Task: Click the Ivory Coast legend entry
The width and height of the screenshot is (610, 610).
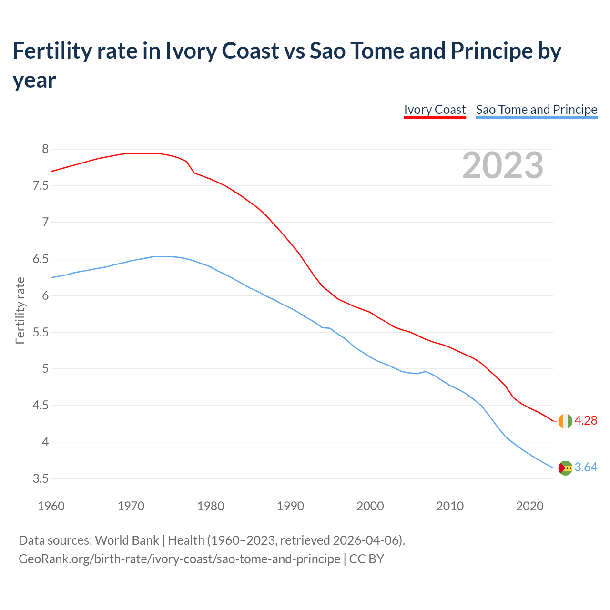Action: coord(435,110)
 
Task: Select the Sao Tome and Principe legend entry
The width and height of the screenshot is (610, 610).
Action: coord(537,110)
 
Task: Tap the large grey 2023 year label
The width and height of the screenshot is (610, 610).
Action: coord(503,165)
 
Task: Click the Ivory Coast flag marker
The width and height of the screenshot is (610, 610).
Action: coord(565,421)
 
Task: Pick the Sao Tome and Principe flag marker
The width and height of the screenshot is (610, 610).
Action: coord(565,468)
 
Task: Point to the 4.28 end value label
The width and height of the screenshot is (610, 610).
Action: coord(586,421)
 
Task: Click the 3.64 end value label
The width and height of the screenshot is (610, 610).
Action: coord(586,468)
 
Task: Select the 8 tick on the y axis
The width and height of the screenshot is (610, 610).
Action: coord(45,149)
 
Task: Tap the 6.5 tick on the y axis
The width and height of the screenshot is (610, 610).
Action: coord(41,259)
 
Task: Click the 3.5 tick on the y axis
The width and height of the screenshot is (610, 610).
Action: coord(41,479)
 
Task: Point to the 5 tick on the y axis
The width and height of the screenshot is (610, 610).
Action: coord(45,369)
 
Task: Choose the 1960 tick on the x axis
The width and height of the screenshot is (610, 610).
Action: coord(51,506)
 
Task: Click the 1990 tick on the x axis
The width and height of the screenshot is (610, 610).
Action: coord(290,506)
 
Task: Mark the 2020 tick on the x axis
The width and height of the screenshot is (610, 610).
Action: coord(529,506)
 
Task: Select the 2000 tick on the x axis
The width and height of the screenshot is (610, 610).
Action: coord(370,506)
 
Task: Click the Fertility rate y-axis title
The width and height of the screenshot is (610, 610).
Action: coord(20,310)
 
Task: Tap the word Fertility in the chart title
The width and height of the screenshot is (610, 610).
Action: coord(50,51)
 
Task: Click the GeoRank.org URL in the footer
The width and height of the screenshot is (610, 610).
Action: coord(179,559)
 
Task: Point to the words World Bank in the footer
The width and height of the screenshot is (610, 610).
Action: coord(127,540)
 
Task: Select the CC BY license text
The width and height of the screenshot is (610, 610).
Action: coord(366,559)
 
